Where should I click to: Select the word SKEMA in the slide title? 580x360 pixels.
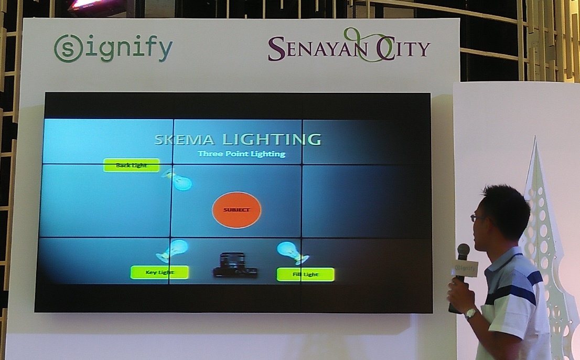[x=185, y=140]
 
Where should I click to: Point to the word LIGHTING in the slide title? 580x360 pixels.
[x=271, y=140]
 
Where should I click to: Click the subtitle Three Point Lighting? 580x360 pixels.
[x=241, y=154]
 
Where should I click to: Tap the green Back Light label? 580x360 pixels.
[x=131, y=165]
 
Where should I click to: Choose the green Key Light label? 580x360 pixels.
[x=159, y=272]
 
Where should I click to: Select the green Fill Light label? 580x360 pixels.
[x=305, y=274]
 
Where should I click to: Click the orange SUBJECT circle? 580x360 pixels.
[x=237, y=210]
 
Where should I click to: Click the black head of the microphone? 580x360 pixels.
[x=463, y=251]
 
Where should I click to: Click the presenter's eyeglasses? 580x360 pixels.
[x=477, y=217]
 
